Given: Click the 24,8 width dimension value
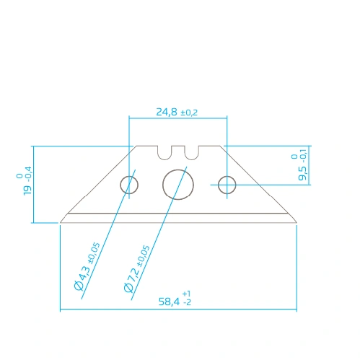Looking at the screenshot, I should (167, 112).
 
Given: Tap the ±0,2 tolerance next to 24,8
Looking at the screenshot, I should (189, 113).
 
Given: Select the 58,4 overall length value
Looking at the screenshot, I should (169, 302).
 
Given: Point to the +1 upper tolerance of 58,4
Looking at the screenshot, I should (187, 294).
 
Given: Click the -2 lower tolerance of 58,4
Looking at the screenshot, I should (187, 303).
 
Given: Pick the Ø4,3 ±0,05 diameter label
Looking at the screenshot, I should (88, 266).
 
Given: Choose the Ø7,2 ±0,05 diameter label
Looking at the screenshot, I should (137, 268).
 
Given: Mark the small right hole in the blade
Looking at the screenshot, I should (227, 185).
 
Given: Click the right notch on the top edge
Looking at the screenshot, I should (191, 152).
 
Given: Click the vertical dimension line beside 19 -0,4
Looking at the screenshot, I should (34, 185).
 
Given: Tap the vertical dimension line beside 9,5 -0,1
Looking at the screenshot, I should (309, 164).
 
